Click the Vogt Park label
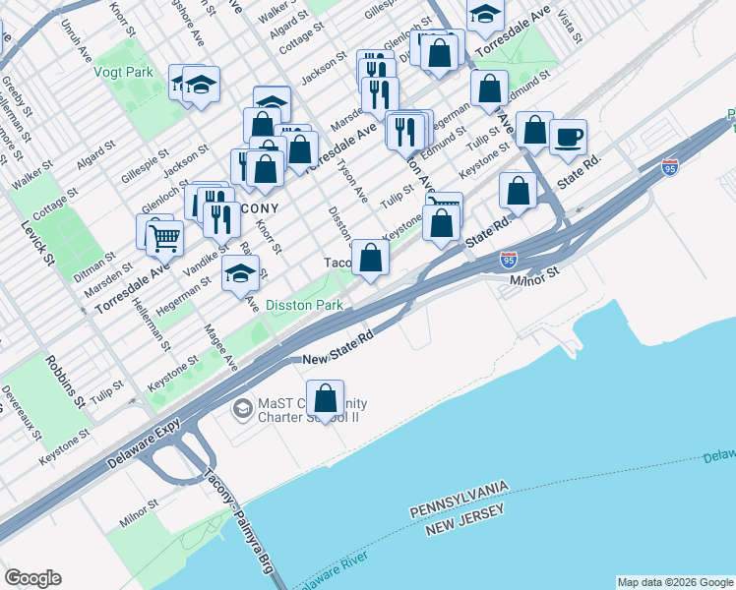(124, 72)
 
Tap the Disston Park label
(304, 306)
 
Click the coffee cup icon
(567, 136)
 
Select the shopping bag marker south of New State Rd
(326, 398)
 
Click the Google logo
(32, 577)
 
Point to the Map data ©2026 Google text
(675, 582)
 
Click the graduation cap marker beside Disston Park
(240, 274)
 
